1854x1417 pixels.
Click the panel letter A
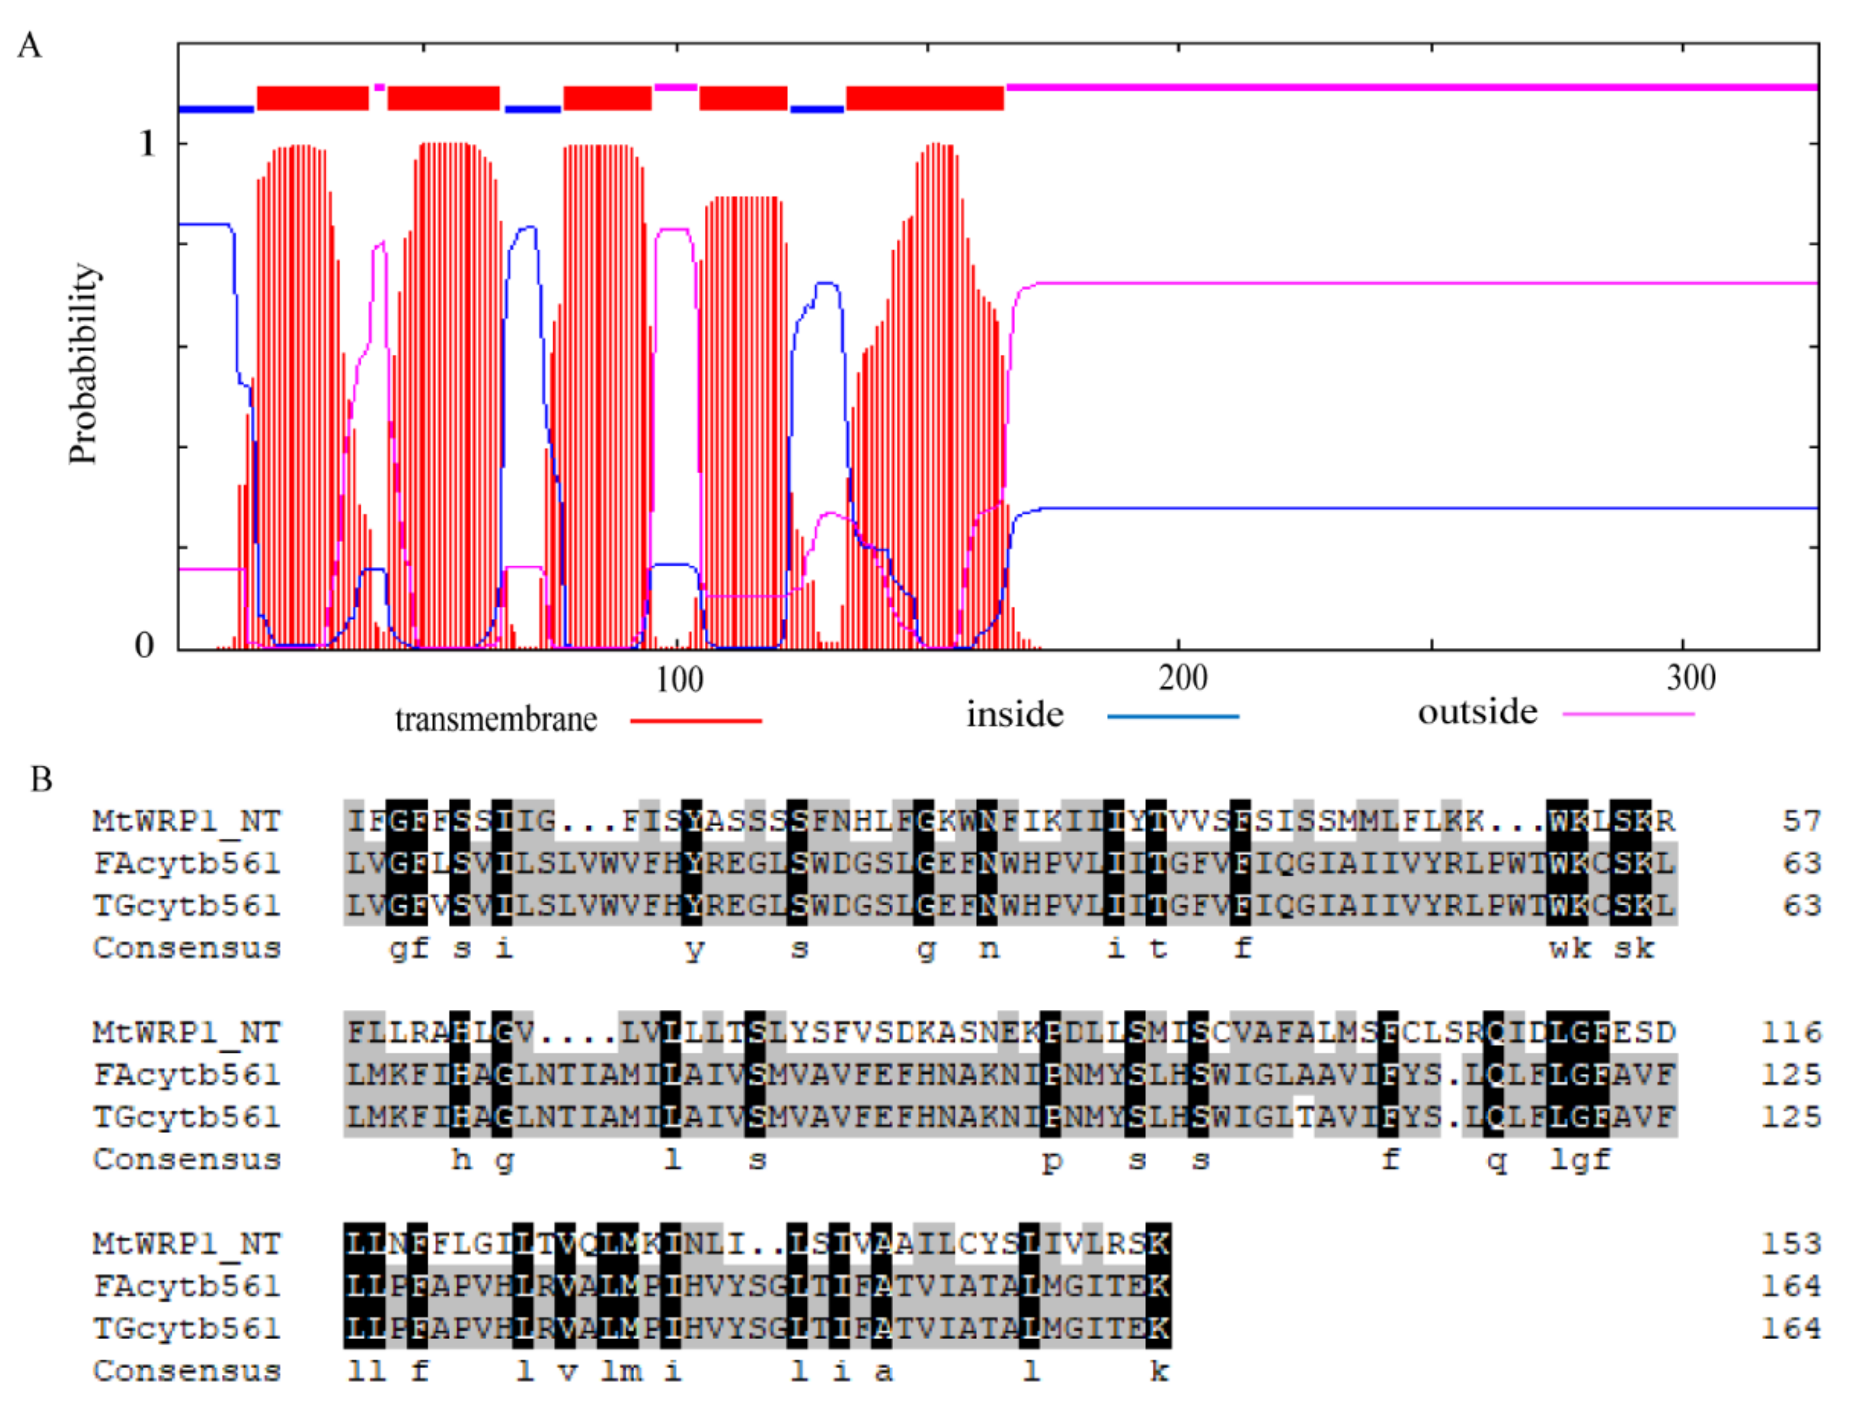click(30, 45)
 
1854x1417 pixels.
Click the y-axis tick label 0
click(144, 645)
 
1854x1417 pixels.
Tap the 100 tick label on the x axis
click(680, 679)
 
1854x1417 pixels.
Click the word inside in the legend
click(1014, 714)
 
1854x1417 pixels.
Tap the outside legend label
click(1477, 712)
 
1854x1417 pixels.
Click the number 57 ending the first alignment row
click(1802, 821)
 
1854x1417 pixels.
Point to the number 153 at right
click(1792, 1243)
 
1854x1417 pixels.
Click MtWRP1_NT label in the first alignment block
click(187, 821)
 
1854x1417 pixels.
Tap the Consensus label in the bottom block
click(187, 1371)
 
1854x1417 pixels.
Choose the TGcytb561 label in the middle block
click(187, 1117)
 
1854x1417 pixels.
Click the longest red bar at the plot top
click(924, 98)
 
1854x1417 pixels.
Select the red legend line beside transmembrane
click(696, 720)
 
